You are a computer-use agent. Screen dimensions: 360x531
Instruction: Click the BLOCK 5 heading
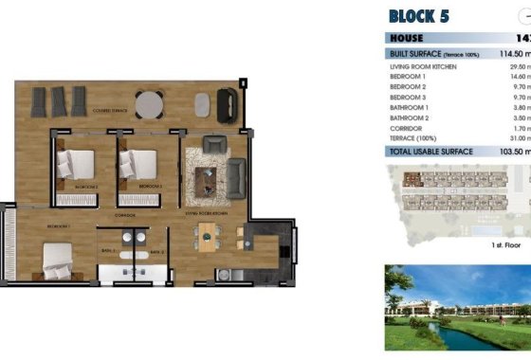[418, 15]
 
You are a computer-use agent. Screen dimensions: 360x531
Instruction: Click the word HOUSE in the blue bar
[407, 38]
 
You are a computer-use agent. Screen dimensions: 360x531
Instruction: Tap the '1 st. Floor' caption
[506, 244]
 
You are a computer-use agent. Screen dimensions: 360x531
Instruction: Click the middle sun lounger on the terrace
[60, 99]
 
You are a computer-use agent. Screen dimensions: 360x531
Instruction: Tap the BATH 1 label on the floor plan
[107, 250]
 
